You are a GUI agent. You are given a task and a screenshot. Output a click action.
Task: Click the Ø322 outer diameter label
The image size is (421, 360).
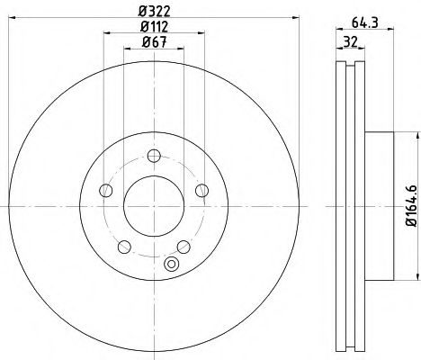pos(152,11)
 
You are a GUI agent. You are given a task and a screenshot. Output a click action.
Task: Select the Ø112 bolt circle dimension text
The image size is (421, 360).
pos(152,26)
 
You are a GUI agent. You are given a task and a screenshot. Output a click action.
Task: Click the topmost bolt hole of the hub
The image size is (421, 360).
pos(152,152)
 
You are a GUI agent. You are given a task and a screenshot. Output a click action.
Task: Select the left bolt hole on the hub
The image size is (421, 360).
pos(105,190)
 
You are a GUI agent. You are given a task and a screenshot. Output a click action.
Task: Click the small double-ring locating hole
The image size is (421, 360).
pos(173,265)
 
